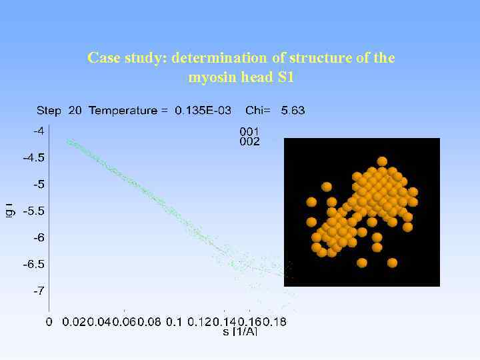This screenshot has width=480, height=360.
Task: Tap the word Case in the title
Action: [x=102, y=58]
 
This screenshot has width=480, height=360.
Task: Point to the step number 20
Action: [x=75, y=111]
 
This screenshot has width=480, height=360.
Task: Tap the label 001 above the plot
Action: [x=249, y=131]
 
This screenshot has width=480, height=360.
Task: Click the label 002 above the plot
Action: [x=249, y=141]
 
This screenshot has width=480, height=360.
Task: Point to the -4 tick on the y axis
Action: [x=39, y=131]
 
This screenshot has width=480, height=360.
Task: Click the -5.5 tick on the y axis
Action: [x=35, y=211]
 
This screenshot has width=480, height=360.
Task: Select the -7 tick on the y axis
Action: [x=39, y=291]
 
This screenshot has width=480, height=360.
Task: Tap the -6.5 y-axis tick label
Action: [x=35, y=265]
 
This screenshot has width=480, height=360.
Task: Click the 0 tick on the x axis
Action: [x=49, y=322]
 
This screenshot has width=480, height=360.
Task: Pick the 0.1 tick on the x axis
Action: [x=173, y=322]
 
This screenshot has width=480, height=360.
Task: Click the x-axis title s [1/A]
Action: [x=240, y=331]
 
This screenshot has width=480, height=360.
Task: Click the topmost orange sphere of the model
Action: [x=382, y=161]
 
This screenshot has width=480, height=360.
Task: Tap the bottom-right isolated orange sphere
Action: [x=392, y=263]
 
